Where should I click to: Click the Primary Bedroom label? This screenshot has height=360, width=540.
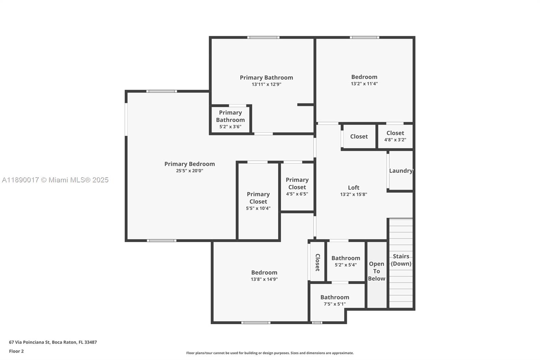(x=189, y=164)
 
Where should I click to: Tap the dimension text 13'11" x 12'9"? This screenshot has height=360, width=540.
(x=266, y=84)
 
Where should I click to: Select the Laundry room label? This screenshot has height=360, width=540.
(x=401, y=171)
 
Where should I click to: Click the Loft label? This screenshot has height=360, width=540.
(x=353, y=188)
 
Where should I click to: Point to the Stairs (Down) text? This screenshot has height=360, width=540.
(x=401, y=260)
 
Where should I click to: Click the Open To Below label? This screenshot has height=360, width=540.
(x=376, y=271)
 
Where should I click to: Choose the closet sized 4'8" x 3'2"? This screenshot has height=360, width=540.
(x=395, y=136)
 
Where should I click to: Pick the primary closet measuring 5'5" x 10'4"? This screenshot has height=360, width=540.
(x=258, y=201)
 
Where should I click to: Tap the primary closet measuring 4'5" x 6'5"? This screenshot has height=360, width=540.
(x=297, y=187)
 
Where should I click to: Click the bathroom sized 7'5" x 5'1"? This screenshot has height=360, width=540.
(x=334, y=300)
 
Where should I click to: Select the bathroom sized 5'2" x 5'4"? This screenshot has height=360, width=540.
(x=346, y=261)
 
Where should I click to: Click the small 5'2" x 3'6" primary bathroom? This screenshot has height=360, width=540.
(x=230, y=119)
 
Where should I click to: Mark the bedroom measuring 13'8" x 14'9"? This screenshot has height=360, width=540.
(x=264, y=276)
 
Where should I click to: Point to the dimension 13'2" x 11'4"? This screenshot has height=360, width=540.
(x=364, y=84)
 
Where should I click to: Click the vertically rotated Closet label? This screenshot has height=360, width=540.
(x=317, y=262)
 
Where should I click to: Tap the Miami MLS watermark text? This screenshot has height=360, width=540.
(x=55, y=180)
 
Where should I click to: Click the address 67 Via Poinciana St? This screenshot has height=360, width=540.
(x=53, y=342)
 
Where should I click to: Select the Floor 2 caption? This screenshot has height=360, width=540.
(x=16, y=351)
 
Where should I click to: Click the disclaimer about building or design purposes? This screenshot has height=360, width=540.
(x=270, y=353)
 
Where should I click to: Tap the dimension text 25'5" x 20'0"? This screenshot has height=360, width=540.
(x=189, y=171)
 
